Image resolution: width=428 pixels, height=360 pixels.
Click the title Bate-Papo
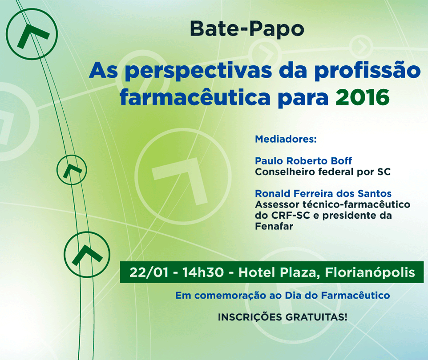pos(247,29)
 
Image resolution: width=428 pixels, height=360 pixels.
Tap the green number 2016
pos(363,97)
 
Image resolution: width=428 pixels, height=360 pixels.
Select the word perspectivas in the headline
pos(198,72)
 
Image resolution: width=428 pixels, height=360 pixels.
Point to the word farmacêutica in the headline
pos(195,97)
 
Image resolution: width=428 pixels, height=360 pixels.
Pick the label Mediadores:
pos(286,139)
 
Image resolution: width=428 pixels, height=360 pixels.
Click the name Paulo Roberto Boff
pos(303,161)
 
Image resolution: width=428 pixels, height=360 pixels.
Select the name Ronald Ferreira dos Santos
pos(323,193)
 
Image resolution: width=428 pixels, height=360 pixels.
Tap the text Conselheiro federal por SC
pos(323,172)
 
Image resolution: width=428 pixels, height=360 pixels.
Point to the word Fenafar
pos(274,226)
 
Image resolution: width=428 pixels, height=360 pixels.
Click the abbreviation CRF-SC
pos(291,216)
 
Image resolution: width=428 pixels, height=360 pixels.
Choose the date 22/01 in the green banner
pos(149,272)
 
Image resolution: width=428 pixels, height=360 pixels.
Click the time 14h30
pos(203,272)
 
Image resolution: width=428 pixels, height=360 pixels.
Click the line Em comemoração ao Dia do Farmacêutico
pos(283,296)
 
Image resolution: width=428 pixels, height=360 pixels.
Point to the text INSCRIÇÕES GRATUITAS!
pos(283,317)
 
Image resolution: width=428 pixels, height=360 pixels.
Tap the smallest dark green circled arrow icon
pos(72,156)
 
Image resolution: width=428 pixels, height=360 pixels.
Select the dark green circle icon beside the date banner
pos(87,232)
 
